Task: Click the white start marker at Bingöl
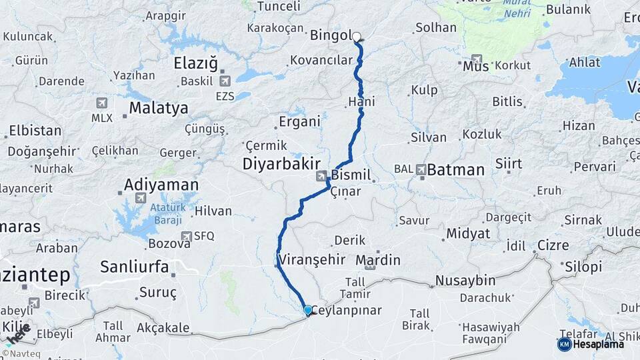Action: (356, 37)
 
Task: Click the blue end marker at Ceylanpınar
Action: (307, 310)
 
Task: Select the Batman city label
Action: (455, 170)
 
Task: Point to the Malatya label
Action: (159, 107)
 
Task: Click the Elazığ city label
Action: (196, 64)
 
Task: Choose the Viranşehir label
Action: (311, 259)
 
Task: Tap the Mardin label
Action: (378, 260)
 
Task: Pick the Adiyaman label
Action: (161, 184)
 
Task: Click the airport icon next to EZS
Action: (225, 81)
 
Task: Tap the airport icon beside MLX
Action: (102, 103)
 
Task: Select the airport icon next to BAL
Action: (421, 170)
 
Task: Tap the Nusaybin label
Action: (465, 280)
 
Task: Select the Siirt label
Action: (509, 164)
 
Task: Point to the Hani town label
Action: (362, 102)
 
